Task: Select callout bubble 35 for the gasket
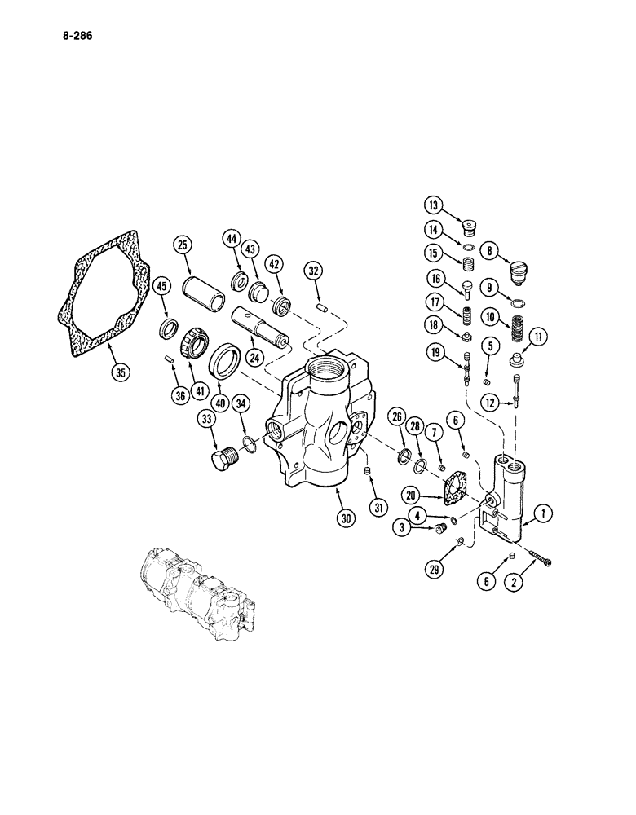click(x=120, y=373)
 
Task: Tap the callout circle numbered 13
click(x=433, y=204)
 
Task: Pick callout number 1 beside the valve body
click(x=541, y=514)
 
